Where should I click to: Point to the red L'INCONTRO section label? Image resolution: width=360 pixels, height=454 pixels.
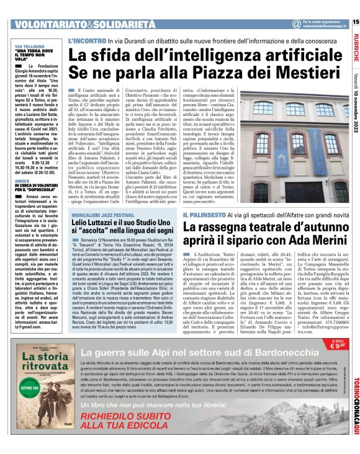click(x=86, y=40)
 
